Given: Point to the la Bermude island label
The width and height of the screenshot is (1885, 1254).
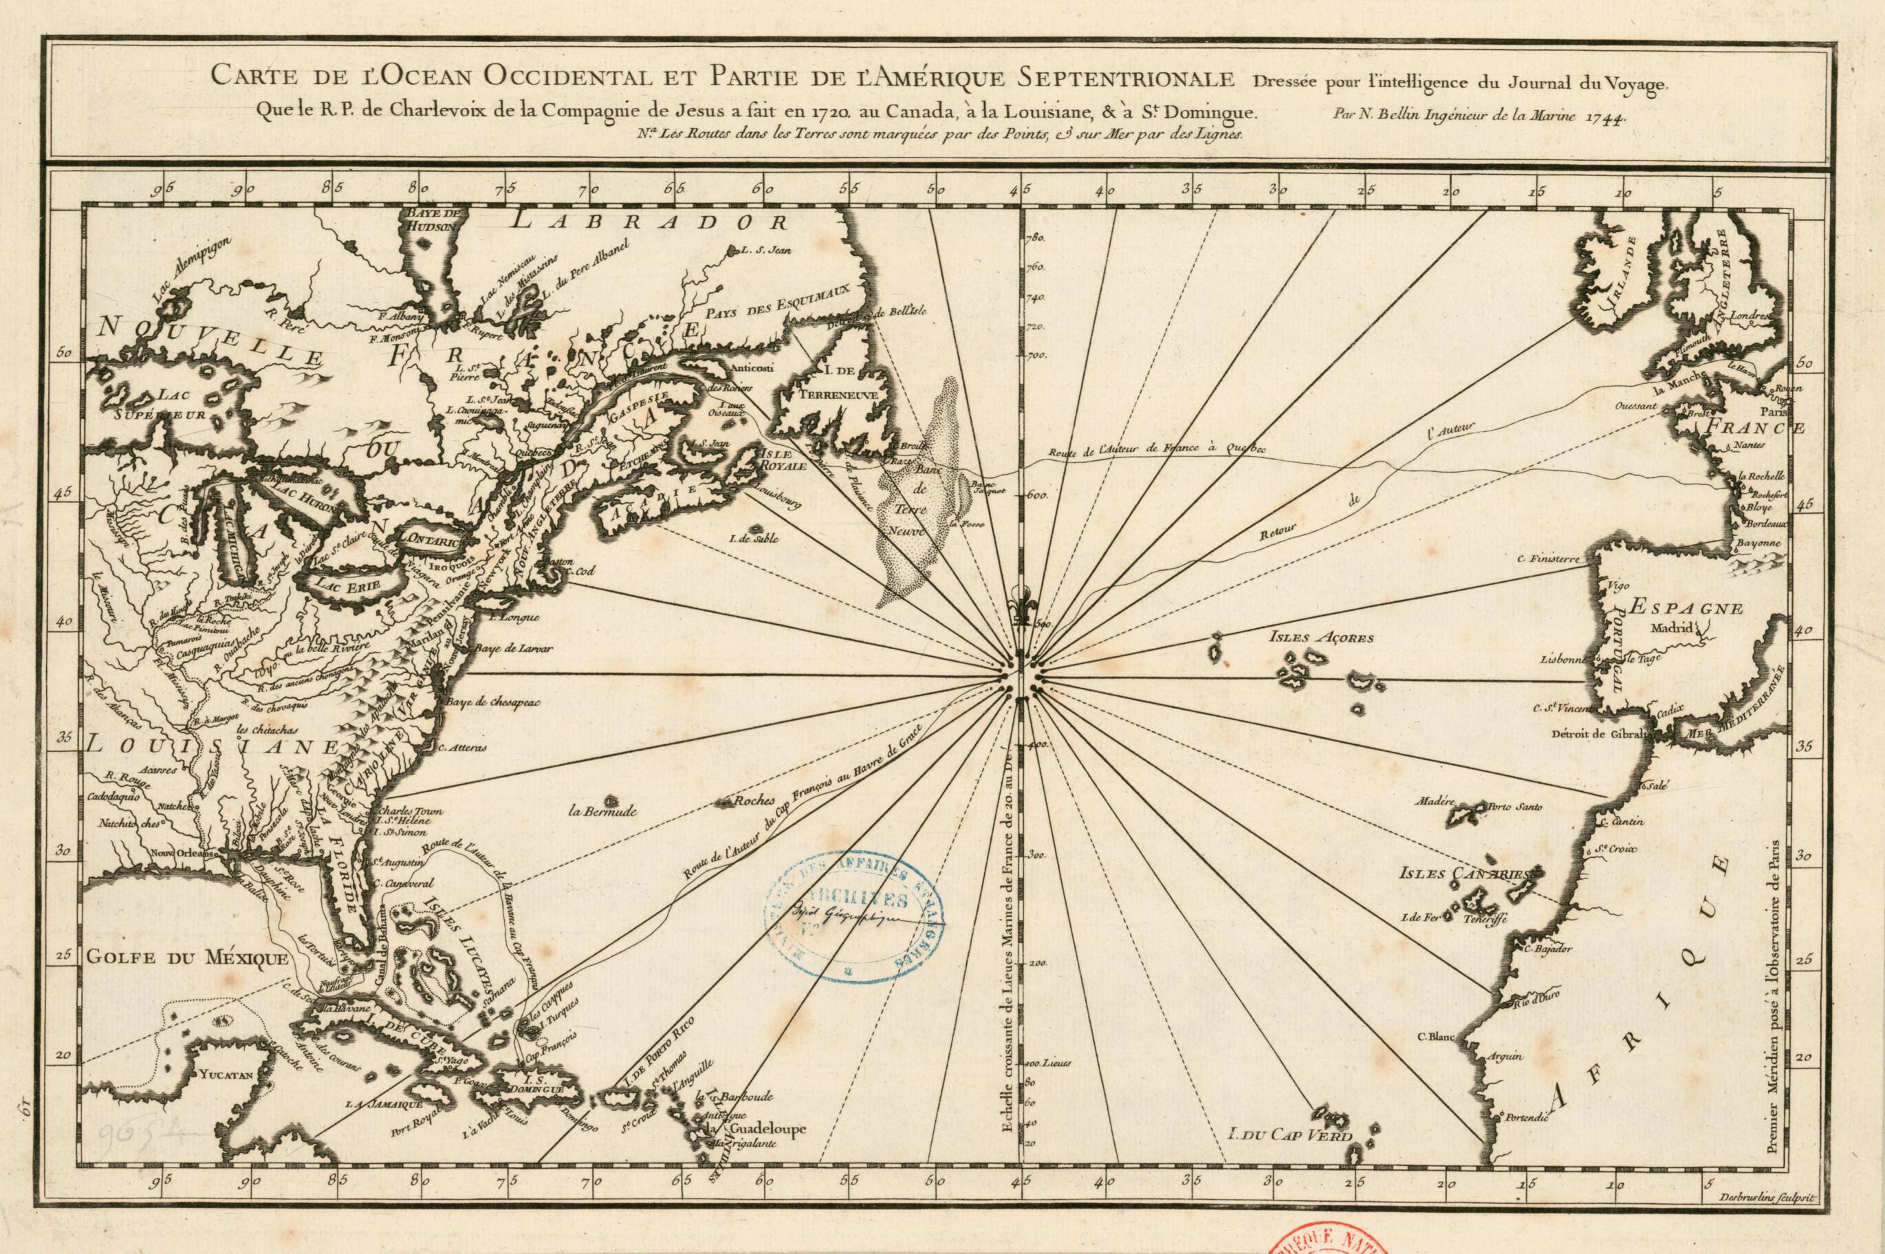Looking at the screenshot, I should click(x=602, y=812).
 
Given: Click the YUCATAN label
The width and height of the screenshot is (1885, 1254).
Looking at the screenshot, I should click(x=227, y=1076).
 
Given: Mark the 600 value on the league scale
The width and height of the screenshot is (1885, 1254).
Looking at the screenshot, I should click(x=1038, y=495).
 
